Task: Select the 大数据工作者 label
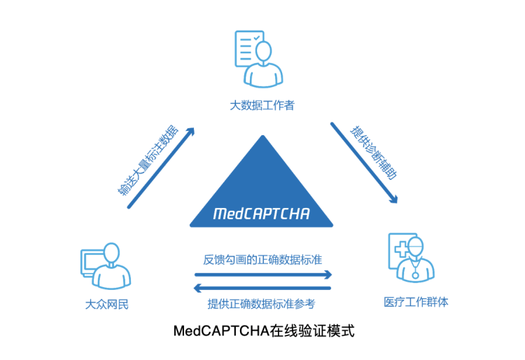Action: click(x=262, y=105)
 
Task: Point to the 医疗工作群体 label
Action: click(x=416, y=302)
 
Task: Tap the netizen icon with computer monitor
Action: click(x=105, y=266)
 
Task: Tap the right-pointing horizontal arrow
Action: click(x=262, y=275)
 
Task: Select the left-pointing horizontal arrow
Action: click(x=262, y=287)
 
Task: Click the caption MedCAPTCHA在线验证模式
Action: click(x=263, y=331)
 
